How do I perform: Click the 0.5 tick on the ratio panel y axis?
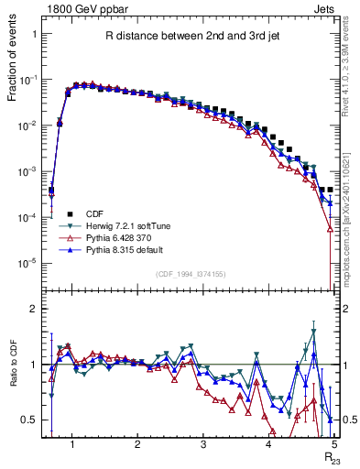coord(32,420)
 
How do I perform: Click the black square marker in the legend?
coord(69,213)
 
